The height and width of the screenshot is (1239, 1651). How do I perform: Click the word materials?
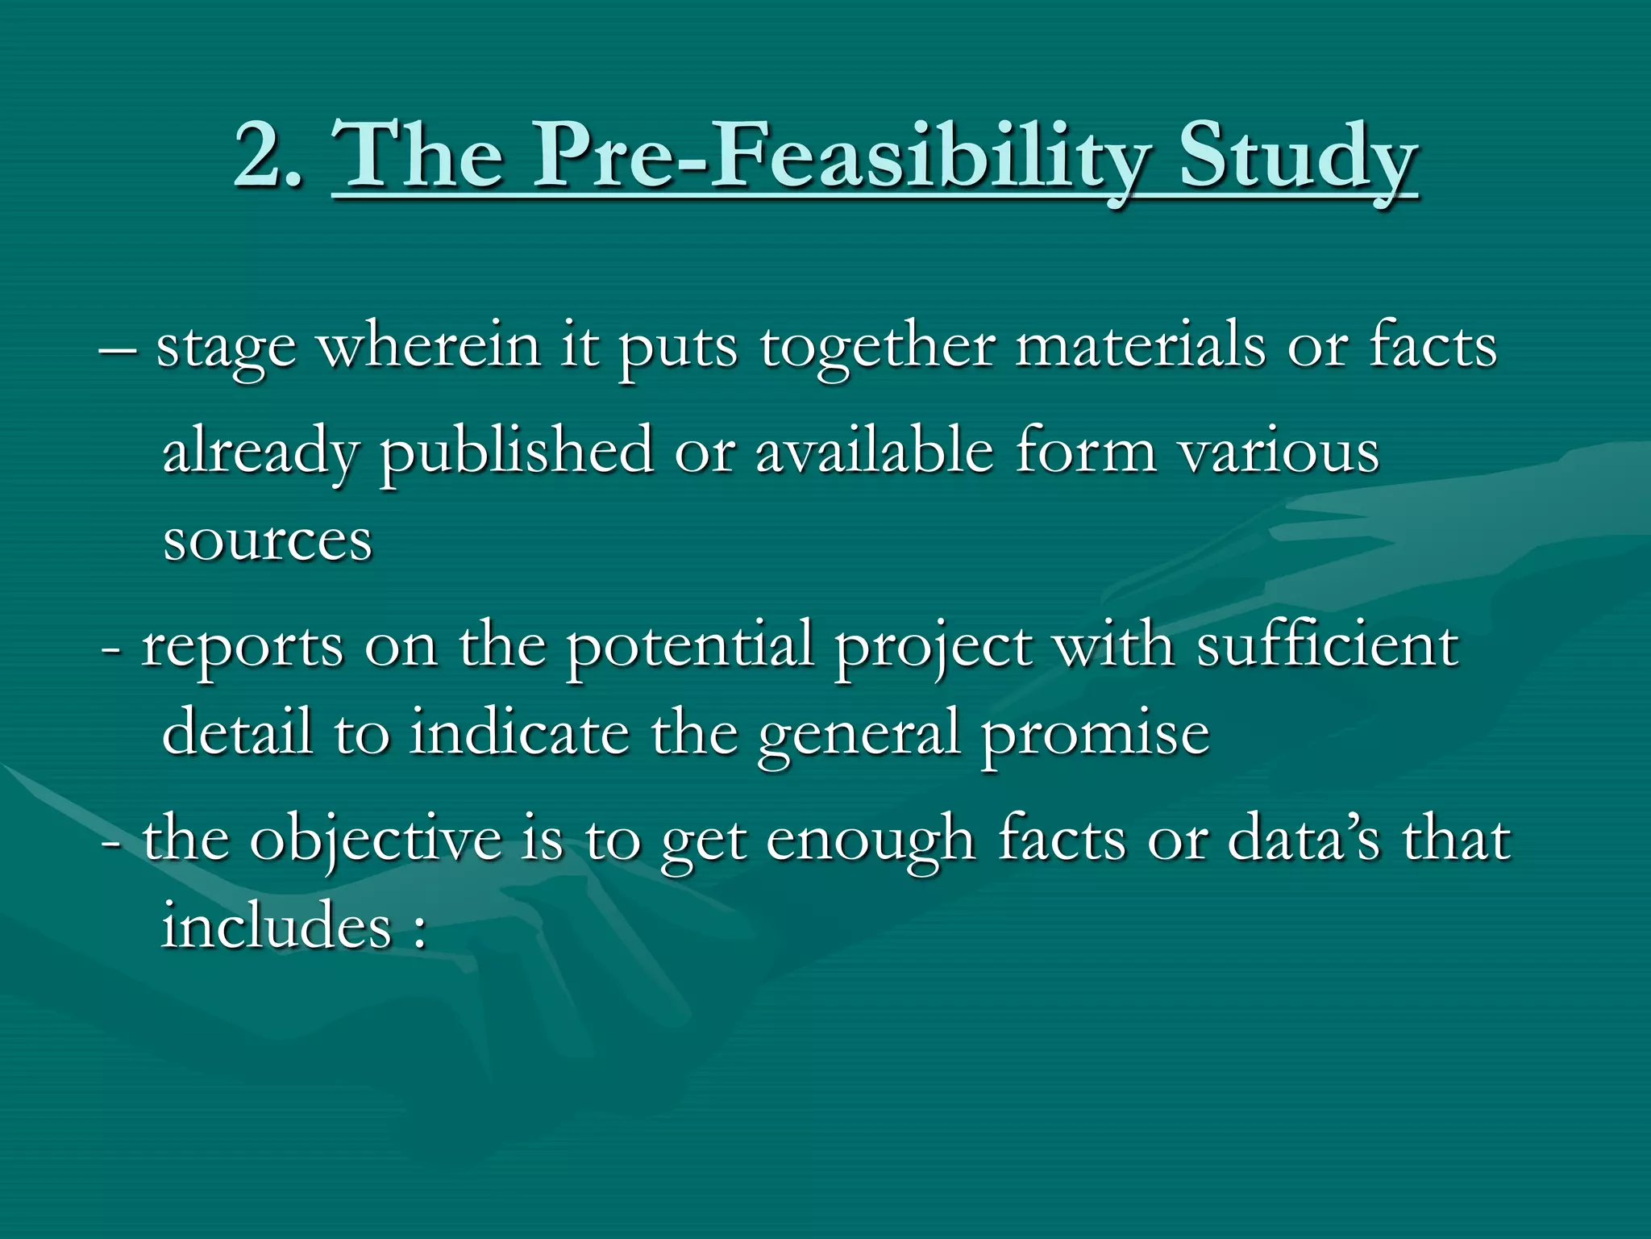[1140, 345]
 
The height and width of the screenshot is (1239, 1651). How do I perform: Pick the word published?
[516, 453]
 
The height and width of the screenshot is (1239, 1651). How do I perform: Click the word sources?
[268, 541]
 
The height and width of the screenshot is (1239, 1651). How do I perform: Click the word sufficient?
[1327, 645]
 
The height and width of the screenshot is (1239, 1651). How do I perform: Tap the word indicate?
[519, 732]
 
